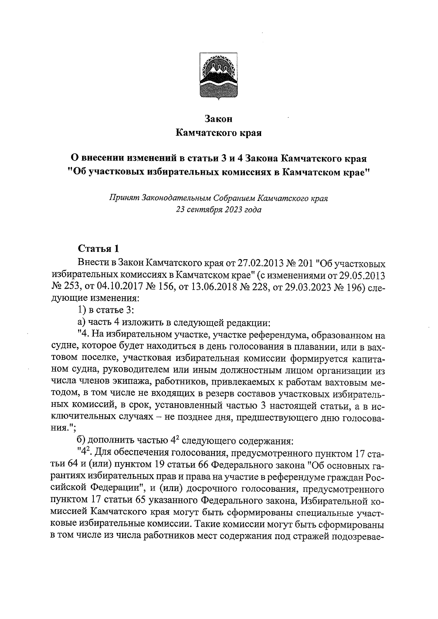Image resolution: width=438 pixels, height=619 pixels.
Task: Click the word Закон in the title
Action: point(219,119)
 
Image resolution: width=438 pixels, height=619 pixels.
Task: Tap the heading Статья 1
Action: point(99,249)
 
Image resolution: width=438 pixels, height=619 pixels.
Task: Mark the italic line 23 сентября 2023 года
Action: point(219,210)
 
